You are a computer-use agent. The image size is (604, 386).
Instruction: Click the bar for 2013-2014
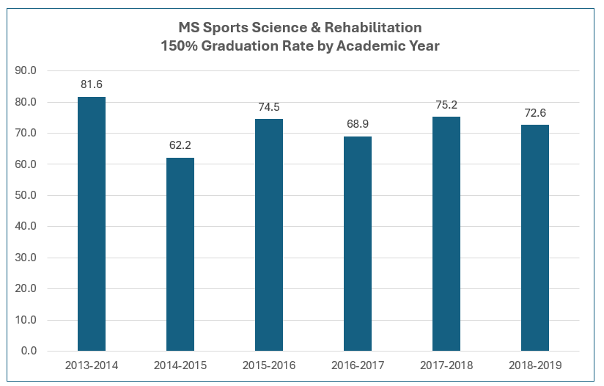(92, 224)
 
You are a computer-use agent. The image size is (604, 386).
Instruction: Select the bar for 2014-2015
(180, 254)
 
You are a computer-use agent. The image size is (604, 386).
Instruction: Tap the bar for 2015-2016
(269, 235)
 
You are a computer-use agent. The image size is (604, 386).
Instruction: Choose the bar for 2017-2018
(446, 233)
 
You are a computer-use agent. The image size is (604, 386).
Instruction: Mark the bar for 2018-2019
(535, 238)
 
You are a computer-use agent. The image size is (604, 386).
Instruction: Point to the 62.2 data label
(180, 145)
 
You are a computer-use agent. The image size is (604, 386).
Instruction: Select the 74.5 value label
(269, 107)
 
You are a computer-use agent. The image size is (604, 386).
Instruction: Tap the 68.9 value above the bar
(358, 125)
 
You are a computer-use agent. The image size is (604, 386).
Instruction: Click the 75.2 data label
(446, 105)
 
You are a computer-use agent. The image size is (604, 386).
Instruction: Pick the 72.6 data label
(535, 113)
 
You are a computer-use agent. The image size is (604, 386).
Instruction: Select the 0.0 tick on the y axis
(29, 351)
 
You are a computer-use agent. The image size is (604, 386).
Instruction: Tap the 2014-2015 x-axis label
(180, 365)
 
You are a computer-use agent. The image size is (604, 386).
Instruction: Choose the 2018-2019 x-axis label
(535, 365)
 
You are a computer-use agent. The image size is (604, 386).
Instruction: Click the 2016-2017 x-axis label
(358, 365)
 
